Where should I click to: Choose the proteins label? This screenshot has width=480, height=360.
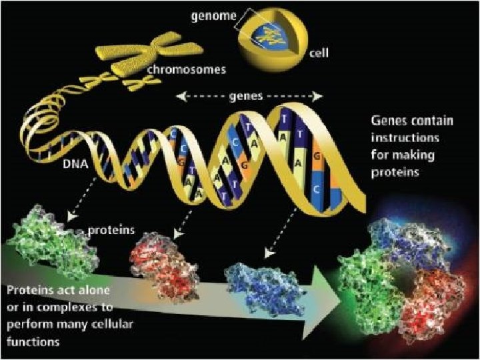tap(111, 231)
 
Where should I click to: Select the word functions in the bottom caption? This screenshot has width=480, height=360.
tap(32, 341)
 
